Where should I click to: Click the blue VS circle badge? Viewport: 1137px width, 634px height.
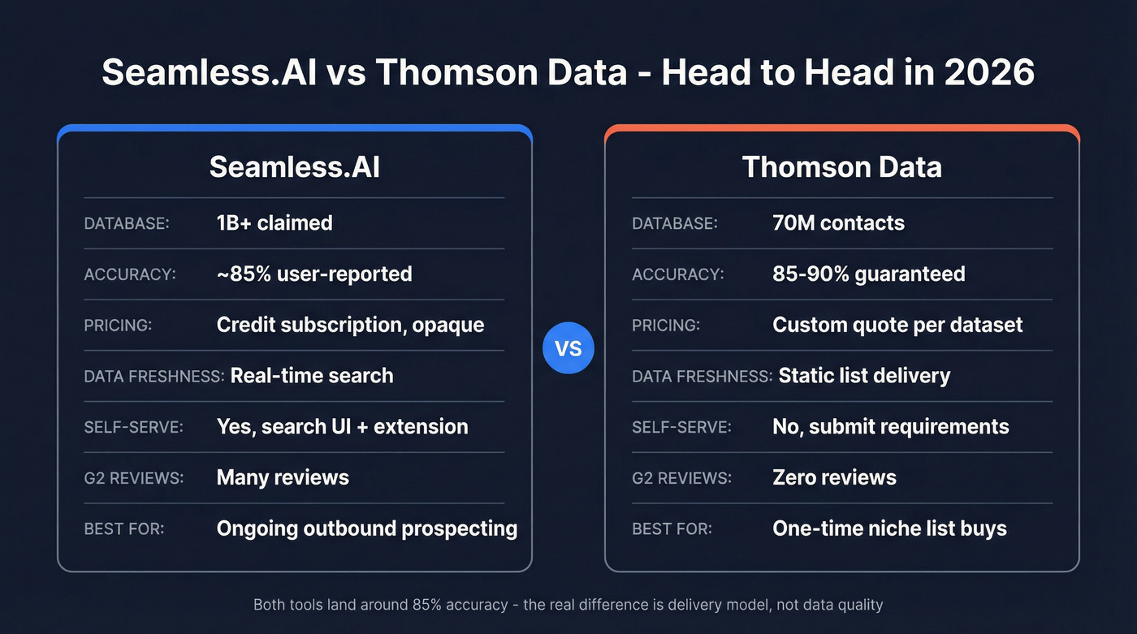click(x=568, y=348)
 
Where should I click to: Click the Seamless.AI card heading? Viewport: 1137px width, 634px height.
click(x=294, y=166)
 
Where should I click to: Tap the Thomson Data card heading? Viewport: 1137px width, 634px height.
click(x=841, y=166)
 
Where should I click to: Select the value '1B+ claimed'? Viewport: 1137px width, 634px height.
click(x=275, y=223)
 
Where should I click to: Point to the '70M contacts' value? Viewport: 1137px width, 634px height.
click(x=838, y=223)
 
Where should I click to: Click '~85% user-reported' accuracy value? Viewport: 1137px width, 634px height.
click(x=314, y=274)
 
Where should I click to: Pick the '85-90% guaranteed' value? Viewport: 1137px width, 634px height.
click(x=868, y=274)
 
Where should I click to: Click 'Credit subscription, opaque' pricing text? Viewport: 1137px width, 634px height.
click(x=350, y=325)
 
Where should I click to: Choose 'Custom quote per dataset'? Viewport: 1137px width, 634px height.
click(x=897, y=325)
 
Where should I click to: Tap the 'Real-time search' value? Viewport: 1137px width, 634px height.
click(x=312, y=376)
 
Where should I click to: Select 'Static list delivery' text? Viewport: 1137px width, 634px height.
click(x=864, y=376)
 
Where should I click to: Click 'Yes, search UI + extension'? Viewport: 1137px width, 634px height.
click(x=342, y=426)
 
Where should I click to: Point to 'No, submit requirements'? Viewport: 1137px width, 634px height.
click(x=890, y=426)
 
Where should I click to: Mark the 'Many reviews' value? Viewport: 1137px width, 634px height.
click(x=283, y=477)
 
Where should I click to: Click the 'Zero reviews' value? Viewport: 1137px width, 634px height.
click(x=834, y=477)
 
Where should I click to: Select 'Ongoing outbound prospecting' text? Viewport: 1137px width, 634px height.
click(x=366, y=528)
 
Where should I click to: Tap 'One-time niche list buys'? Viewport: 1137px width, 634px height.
click(x=889, y=528)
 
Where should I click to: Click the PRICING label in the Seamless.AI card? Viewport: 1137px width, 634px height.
click(x=118, y=326)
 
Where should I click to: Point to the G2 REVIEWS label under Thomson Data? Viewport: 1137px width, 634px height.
click(x=681, y=478)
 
